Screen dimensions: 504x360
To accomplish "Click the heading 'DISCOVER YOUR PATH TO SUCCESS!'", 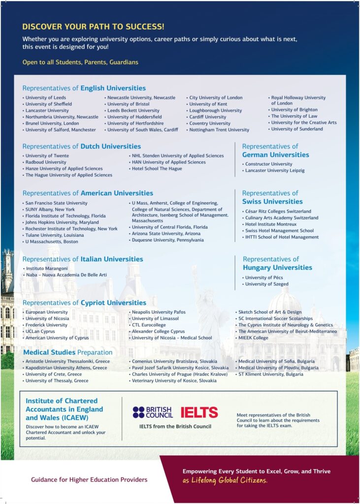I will point(93,27).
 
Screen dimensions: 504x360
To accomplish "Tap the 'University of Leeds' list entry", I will point(46,97).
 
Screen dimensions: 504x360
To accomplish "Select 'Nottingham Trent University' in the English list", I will point(220,130).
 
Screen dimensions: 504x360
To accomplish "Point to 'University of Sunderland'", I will point(297,129).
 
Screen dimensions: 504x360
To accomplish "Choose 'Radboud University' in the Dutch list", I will point(46,162).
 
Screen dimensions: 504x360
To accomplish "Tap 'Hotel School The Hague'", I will point(157,168).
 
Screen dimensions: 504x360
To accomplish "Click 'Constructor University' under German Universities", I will point(268,164).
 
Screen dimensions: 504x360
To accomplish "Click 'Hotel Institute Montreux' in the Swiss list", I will point(271,224).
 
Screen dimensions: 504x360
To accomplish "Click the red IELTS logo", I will point(199,412).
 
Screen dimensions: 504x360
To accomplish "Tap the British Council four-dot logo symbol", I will point(138,412).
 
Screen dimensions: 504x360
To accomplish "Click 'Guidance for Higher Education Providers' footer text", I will point(89,479).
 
